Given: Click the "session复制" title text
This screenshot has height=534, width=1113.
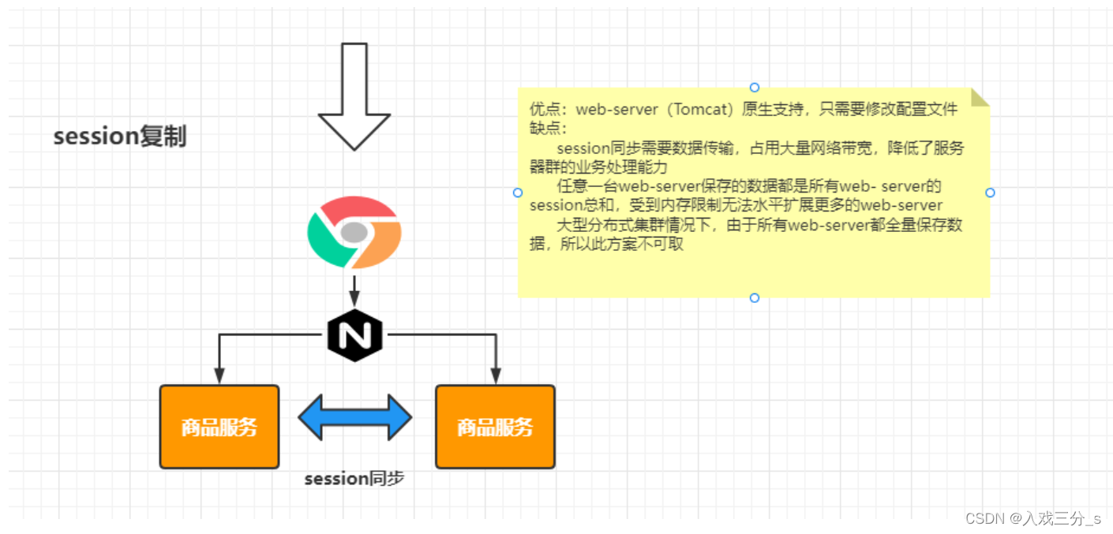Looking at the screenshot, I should (x=120, y=136).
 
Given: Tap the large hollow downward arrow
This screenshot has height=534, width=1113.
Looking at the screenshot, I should (x=354, y=96).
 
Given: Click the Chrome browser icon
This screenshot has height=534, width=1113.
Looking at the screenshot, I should (x=354, y=232).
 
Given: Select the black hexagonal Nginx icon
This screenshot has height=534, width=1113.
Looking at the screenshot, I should (x=355, y=336).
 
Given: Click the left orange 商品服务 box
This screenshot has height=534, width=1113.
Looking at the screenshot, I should (x=219, y=427).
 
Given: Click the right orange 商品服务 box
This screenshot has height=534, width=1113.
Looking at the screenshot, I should (x=495, y=427).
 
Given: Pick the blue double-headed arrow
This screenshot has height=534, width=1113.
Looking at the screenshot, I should (x=355, y=417).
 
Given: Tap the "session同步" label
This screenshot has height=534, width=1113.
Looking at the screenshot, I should (x=354, y=478).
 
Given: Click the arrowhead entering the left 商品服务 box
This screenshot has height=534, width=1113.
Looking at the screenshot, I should (x=219, y=375).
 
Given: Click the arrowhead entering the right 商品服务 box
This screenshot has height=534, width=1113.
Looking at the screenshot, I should (x=496, y=375).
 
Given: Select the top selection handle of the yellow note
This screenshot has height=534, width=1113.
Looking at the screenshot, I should (x=755, y=88).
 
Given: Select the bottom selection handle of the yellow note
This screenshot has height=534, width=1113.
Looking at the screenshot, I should (x=755, y=297).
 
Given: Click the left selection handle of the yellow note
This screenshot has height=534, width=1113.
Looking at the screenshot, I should (x=518, y=192).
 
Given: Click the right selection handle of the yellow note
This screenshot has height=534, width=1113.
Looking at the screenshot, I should (x=990, y=192).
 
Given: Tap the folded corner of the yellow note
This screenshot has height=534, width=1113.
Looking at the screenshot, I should (x=980, y=97).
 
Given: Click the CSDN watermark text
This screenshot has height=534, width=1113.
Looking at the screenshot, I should (x=1032, y=518).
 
